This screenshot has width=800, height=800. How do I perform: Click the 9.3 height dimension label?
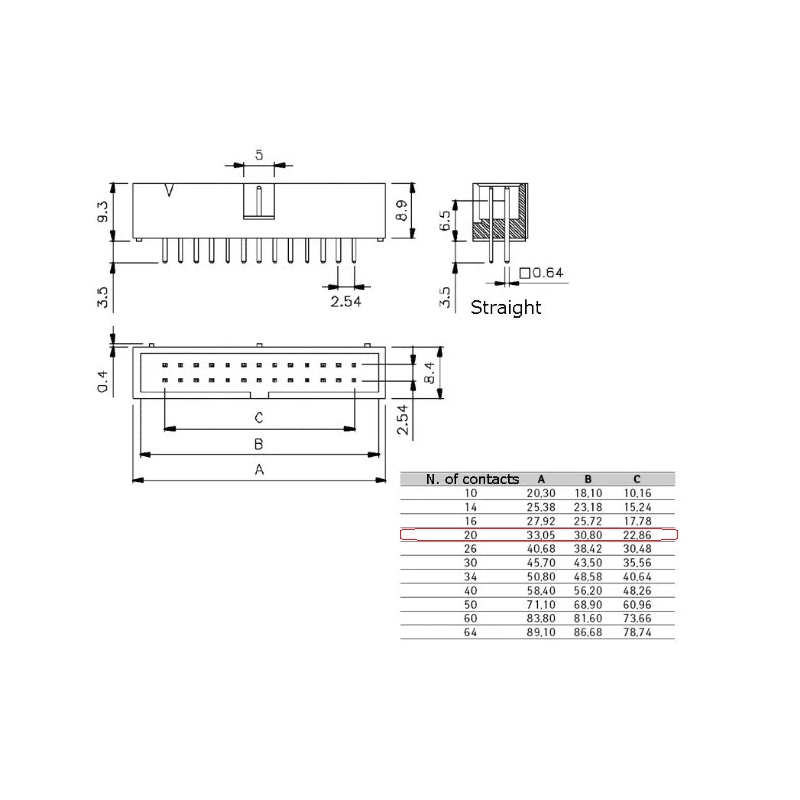click(x=103, y=211)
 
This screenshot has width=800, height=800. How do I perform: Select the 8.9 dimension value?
click(x=402, y=210)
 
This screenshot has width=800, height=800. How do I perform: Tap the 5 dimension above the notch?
click(x=259, y=155)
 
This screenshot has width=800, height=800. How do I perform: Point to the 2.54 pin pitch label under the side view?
click(x=345, y=302)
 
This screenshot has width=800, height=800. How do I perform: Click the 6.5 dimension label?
click(x=445, y=220)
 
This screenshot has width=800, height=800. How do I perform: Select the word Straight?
click(x=506, y=308)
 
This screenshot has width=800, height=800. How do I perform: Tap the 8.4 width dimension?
click(x=429, y=372)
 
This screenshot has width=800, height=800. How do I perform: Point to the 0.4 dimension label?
click(x=103, y=382)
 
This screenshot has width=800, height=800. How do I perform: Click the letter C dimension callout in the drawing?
click(x=259, y=418)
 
